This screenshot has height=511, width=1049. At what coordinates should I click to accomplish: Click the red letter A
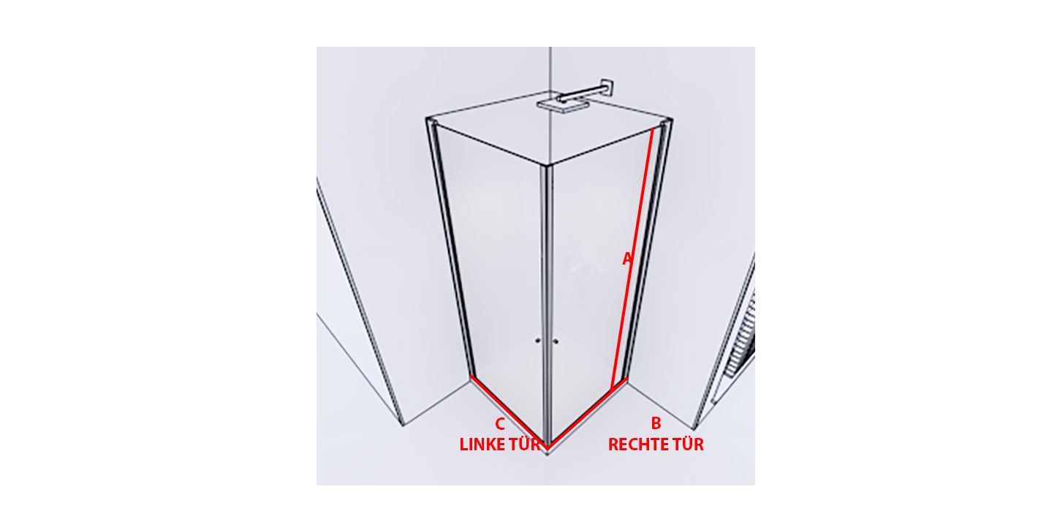click(627, 259)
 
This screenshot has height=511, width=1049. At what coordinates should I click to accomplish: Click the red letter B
click(656, 423)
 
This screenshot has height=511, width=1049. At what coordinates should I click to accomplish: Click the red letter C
click(500, 424)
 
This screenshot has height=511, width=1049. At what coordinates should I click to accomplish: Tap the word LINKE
click(481, 444)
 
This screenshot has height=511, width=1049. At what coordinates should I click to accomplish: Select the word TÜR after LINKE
click(523, 444)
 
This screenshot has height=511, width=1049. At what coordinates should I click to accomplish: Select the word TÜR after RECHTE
click(687, 444)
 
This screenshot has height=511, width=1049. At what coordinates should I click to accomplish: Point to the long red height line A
click(632, 259)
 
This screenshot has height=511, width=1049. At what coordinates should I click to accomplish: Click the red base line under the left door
click(509, 412)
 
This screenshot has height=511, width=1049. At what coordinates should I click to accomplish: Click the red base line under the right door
click(587, 413)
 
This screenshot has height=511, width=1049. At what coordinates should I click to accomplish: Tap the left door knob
click(537, 341)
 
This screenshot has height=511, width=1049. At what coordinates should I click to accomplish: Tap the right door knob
click(556, 341)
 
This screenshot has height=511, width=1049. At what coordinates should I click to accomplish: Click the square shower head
click(560, 106)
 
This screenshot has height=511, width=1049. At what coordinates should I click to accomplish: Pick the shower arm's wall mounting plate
click(607, 87)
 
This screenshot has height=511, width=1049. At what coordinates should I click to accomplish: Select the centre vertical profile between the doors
click(547, 304)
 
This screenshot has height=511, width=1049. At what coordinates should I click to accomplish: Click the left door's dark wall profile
click(452, 249)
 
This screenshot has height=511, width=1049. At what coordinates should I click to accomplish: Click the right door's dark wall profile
click(646, 249)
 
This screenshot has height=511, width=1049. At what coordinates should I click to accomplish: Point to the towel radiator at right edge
click(741, 337)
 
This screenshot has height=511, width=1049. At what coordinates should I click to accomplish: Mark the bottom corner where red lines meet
click(548, 449)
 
